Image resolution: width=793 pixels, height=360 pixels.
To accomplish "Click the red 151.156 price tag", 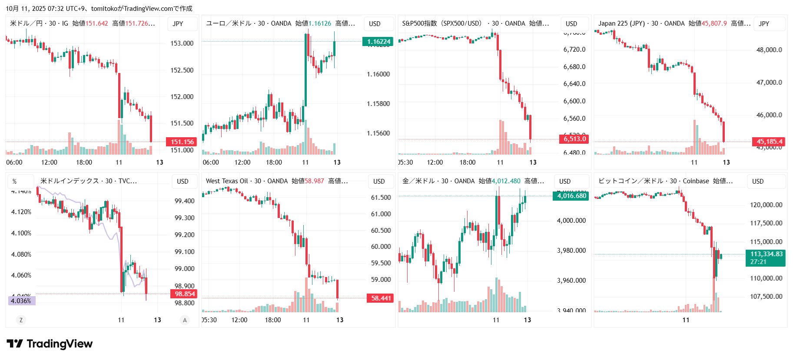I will (182, 142).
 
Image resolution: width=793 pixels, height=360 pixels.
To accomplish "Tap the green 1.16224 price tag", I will (378, 42).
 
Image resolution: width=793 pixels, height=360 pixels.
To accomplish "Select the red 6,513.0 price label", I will (574, 139).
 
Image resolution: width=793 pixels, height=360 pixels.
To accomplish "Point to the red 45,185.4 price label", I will (769, 142).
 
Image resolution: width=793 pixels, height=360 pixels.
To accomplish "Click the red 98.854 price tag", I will (185, 294).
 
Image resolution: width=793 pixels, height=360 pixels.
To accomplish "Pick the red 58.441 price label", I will (381, 298).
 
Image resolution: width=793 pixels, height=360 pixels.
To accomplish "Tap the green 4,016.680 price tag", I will (571, 196).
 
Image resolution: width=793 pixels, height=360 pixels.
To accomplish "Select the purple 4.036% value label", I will (21, 301).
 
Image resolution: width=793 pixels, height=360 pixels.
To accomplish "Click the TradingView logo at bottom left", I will (50, 344).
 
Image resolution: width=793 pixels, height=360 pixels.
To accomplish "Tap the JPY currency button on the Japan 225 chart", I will (764, 24).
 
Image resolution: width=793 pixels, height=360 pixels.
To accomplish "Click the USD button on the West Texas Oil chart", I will (379, 182).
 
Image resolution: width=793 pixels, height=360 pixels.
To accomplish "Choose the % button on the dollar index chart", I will (14, 182).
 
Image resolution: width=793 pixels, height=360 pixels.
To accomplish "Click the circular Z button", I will (21, 320).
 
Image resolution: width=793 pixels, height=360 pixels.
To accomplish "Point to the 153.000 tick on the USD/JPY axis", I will (182, 43).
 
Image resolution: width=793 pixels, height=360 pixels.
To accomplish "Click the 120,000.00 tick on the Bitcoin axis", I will (766, 205).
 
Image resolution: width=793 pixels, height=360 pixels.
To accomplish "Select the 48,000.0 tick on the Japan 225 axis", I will (769, 50).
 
